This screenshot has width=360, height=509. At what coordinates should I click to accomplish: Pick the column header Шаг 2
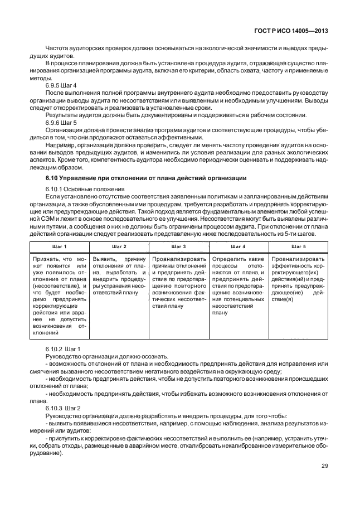[x=119, y=246]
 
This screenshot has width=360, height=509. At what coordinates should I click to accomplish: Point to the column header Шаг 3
[x=178, y=246]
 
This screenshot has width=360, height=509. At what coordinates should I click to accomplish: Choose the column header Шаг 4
[x=238, y=246]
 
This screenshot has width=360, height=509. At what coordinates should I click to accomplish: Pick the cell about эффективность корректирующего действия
[x=298, y=279]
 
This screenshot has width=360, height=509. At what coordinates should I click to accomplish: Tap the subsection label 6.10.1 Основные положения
[x=85, y=189]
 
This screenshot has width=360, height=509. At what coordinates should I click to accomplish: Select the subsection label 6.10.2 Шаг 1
[x=63, y=348]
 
